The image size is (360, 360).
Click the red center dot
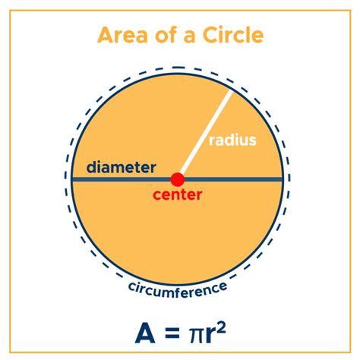pyautogui.click(x=178, y=179)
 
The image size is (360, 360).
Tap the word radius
pyautogui.click(x=232, y=140)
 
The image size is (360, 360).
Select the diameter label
pyautogui.click(x=121, y=167)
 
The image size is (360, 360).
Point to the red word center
pyautogui.click(x=178, y=194)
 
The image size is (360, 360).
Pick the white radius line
pyautogui.click(x=205, y=133)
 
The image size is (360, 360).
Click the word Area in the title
pyautogui.click(x=122, y=35)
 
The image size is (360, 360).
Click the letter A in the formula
pyautogui.click(x=145, y=333)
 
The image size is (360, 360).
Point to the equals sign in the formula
pyautogui.click(x=172, y=333)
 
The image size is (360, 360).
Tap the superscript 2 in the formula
pyautogui.click(x=221, y=328)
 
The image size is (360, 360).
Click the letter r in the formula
pyautogui.click(x=210, y=336)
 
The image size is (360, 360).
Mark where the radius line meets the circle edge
pyautogui.click(x=231, y=90)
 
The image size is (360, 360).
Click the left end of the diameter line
pyautogui.click(x=73, y=179)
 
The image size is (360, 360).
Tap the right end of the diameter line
pyautogui.click(x=282, y=179)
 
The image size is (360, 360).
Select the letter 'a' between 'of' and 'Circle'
pyautogui.click(x=190, y=36)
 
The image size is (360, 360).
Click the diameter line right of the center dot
pyautogui.click(x=233, y=179)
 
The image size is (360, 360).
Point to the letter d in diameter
pyautogui.click(x=92, y=167)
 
